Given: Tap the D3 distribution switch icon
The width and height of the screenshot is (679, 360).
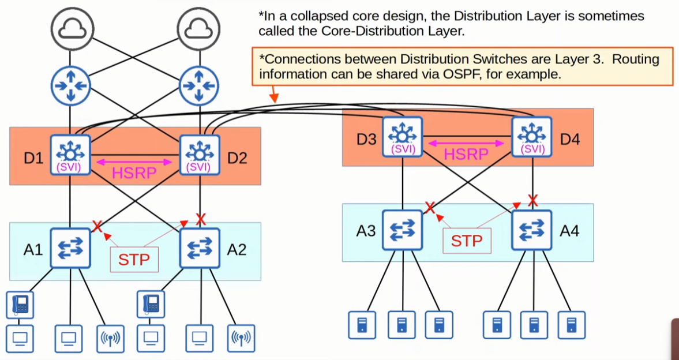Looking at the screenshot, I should [402, 137].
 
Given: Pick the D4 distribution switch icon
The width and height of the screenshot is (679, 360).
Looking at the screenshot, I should [532, 137].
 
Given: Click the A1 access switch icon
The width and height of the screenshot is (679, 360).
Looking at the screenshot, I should [70, 247].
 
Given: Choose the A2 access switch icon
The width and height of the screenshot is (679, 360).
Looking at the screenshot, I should [200, 247].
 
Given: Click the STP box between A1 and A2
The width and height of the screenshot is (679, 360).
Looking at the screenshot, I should [134, 259].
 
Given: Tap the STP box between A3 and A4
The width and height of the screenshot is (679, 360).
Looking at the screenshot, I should [467, 240].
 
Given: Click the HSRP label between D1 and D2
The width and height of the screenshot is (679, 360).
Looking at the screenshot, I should [134, 172].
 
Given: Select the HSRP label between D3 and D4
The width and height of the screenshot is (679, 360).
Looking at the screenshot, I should [466, 154].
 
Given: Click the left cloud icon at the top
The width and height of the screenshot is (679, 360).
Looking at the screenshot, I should [70, 28].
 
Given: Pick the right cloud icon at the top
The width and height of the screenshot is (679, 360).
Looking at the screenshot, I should [200, 28].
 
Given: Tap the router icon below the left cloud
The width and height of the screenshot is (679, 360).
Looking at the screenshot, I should [70, 86].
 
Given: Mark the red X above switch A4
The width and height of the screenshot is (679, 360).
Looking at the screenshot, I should [532, 201].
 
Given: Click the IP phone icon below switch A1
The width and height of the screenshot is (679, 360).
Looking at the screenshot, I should [20, 304].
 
